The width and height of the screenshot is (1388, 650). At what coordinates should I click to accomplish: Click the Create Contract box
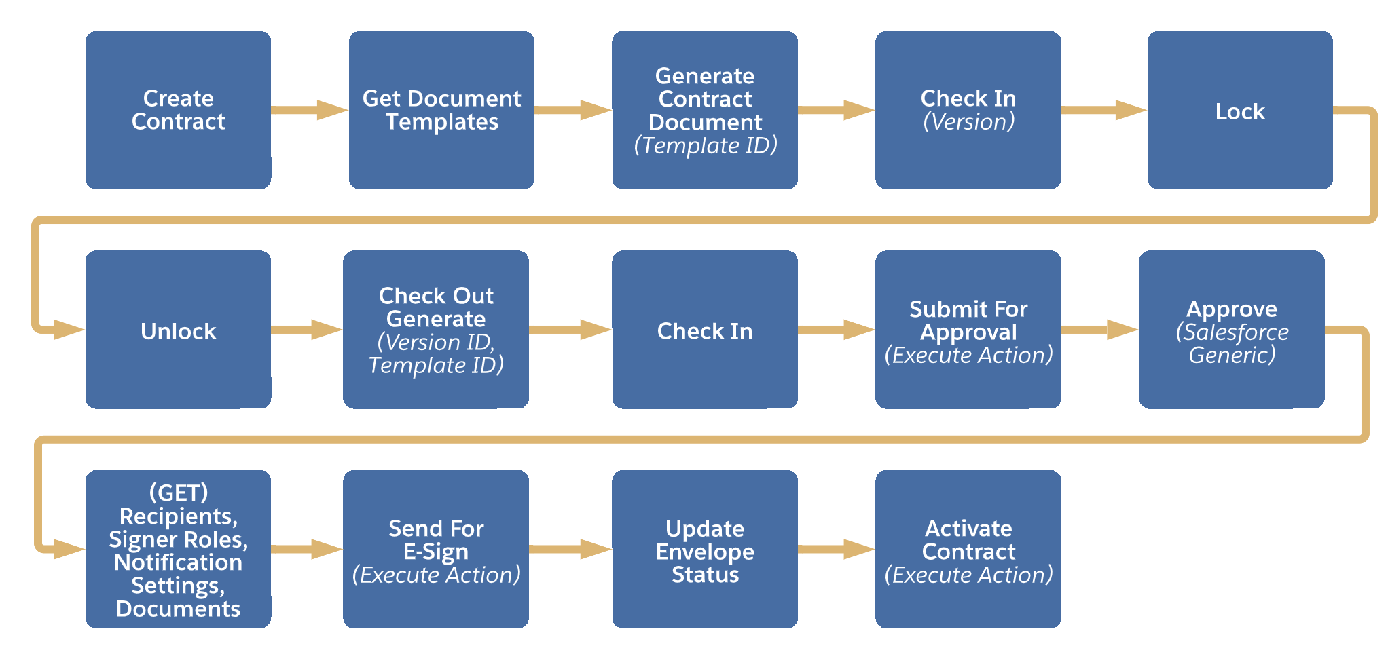[x=178, y=110]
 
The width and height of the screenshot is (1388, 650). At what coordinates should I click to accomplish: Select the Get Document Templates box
[x=441, y=110]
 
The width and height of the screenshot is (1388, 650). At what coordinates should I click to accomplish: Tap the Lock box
[x=1239, y=110]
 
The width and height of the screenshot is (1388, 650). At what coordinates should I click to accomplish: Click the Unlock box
[x=178, y=330]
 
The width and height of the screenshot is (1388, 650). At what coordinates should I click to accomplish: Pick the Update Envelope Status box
[x=704, y=550]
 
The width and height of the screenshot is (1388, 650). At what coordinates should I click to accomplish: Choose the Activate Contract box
[x=968, y=550]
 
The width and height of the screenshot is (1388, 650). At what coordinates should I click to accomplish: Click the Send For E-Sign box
[x=435, y=550]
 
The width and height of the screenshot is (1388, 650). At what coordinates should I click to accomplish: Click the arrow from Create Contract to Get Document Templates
[x=309, y=110]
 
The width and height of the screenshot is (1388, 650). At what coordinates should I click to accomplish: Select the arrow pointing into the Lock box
[x=1103, y=110]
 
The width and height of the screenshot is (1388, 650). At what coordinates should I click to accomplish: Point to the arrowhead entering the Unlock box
[x=68, y=330]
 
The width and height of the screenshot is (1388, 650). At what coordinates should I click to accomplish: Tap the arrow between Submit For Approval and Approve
[x=1099, y=330]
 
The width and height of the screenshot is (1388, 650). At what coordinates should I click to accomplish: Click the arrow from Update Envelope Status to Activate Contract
[x=835, y=550]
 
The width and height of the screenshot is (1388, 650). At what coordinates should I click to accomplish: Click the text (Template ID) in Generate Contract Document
[x=705, y=146]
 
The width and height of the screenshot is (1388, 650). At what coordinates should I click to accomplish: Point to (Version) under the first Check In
[x=968, y=122]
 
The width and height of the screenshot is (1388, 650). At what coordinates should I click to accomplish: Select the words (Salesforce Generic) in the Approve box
[x=1232, y=344]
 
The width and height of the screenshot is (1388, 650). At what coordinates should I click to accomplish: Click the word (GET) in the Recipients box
[x=178, y=493]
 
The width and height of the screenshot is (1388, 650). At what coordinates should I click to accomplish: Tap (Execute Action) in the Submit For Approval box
[x=968, y=356]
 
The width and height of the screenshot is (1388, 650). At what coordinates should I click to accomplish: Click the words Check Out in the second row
[x=435, y=296]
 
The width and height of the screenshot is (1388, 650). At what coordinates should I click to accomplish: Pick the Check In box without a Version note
[x=704, y=330]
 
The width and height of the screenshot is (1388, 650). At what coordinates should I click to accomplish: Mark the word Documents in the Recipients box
[x=178, y=609]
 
